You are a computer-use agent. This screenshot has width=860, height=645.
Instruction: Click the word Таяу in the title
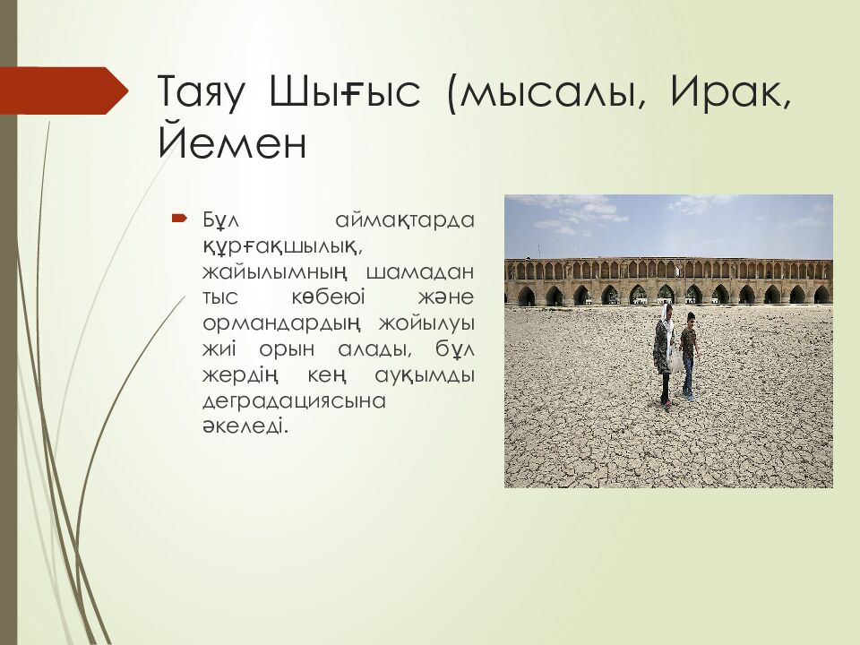point(202,92)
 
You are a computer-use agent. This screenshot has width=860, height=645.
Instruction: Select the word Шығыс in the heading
point(346,92)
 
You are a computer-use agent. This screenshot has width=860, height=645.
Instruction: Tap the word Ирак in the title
point(726,91)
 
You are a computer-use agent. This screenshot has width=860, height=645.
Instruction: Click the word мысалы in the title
point(551,92)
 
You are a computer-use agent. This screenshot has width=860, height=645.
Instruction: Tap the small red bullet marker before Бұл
point(179,219)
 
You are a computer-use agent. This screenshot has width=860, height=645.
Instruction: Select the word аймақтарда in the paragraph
point(405,220)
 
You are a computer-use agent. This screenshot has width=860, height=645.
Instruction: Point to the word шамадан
point(419,271)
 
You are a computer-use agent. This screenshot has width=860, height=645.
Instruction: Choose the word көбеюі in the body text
point(328,297)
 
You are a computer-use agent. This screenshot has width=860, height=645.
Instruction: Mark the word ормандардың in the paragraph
point(282,323)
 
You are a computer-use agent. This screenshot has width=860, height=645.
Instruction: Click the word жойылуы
point(426,323)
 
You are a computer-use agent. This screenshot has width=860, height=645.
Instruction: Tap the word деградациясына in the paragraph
point(295,401)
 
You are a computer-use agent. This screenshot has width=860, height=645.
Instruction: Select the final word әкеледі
point(245,426)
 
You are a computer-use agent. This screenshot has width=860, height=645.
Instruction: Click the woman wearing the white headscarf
point(663,355)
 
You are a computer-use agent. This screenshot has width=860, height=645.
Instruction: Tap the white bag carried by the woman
point(675,360)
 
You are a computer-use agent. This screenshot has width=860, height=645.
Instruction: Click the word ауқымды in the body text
point(425,375)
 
